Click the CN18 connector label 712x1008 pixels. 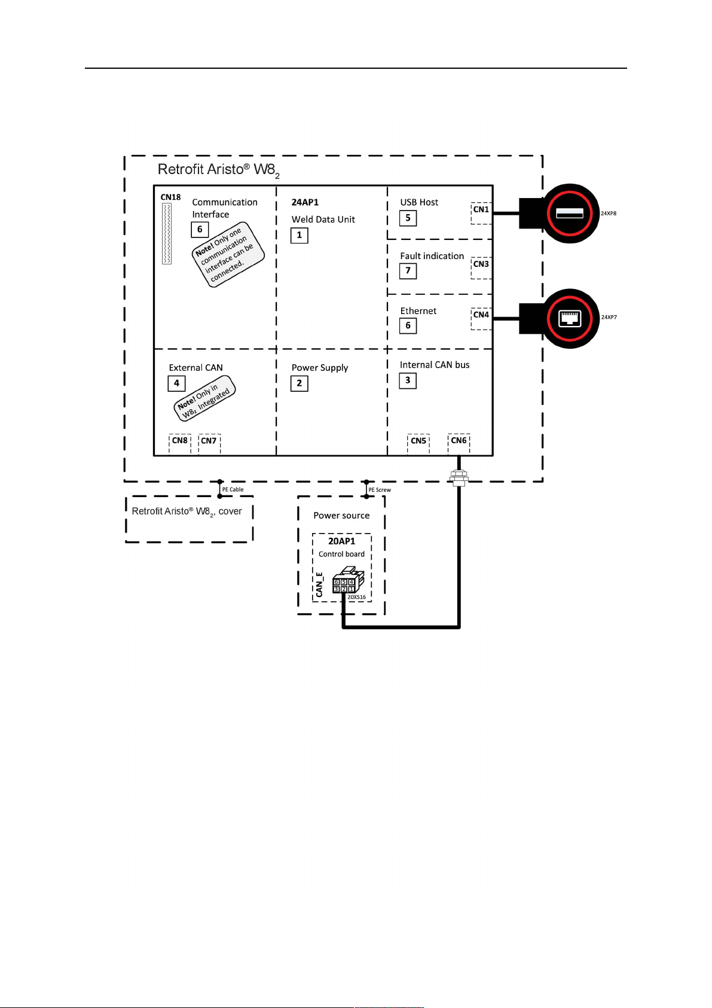pos(170,197)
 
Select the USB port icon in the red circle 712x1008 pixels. pos(569,213)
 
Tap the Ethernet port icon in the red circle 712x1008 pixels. pos(569,318)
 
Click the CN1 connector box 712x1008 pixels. pos(481,212)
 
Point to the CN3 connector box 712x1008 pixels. pos(481,267)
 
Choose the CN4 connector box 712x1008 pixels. pos(481,318)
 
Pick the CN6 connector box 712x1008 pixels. pos(459,443)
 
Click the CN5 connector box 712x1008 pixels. pos(418,443)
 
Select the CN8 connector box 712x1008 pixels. pos(180,443)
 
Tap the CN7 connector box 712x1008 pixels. pos(209,443)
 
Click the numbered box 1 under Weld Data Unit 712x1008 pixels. pos(300,235)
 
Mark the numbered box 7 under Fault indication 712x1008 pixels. pos(408,271)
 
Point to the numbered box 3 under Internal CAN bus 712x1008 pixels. pos(408,380)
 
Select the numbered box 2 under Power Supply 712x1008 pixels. pos(300,383)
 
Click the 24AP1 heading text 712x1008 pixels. pos(305,202)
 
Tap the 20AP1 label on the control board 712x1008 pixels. pos(341,541)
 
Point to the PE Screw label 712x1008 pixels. pos(380,490)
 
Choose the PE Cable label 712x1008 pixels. pos(233,489)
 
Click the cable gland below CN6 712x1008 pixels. pos(459,477)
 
